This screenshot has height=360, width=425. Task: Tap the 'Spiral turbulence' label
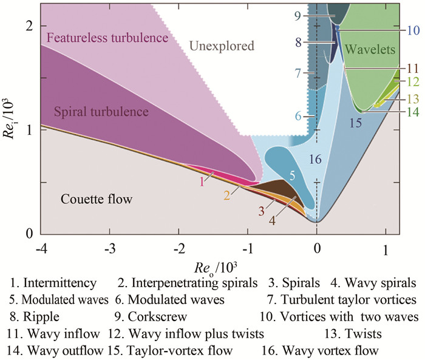pos(101,112)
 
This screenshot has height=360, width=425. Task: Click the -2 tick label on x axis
pos(178,250)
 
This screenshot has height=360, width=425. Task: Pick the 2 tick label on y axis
pos(29,25)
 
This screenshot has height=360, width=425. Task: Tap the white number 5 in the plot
pos(292,175)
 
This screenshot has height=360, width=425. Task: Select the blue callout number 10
pos(412,29)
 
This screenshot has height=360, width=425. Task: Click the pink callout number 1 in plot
pos(201,180)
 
